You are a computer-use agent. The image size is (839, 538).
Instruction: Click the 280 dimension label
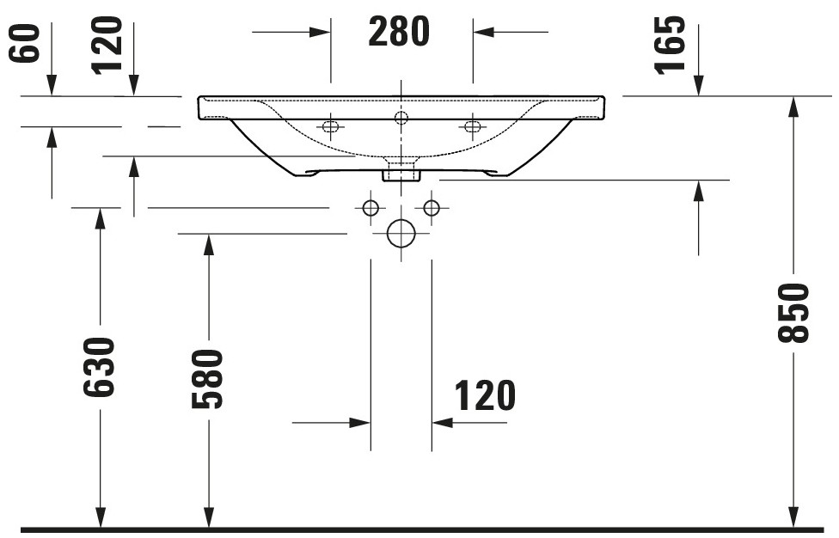(399, 32)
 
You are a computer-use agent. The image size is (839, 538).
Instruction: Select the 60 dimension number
(25, 43)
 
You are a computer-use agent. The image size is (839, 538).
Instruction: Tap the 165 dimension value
(670, 45)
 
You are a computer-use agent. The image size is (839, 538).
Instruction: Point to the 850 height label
(793, 313)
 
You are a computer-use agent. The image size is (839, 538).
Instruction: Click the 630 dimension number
(99, 367)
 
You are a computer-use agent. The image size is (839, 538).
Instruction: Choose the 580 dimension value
(207, 379)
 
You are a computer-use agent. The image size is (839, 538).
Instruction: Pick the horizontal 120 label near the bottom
(485, 395)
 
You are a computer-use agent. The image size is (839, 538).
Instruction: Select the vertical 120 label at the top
(107, 45)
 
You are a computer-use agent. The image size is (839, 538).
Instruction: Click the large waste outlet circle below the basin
(401, 233)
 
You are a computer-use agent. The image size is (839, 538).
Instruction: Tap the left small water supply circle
(371, 207)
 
